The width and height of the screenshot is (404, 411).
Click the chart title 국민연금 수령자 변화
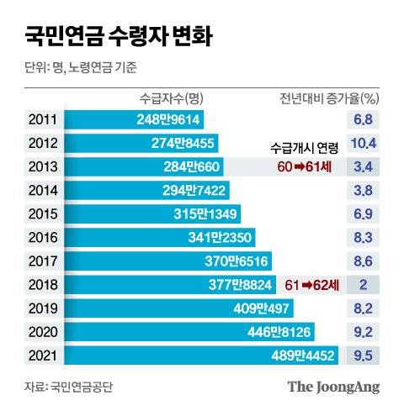click(x=118, y=36)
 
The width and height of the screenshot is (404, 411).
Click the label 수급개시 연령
click(x=306, y=149)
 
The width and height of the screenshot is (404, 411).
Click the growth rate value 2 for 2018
click(x=364, y=286)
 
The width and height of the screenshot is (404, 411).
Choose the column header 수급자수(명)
click(x=169, y=97)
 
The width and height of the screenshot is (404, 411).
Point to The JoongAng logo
click(x=333, y=387)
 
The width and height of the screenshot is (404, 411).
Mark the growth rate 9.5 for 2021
click(x=364, y=356)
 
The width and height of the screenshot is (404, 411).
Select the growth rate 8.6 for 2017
click(x=364, y=261)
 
